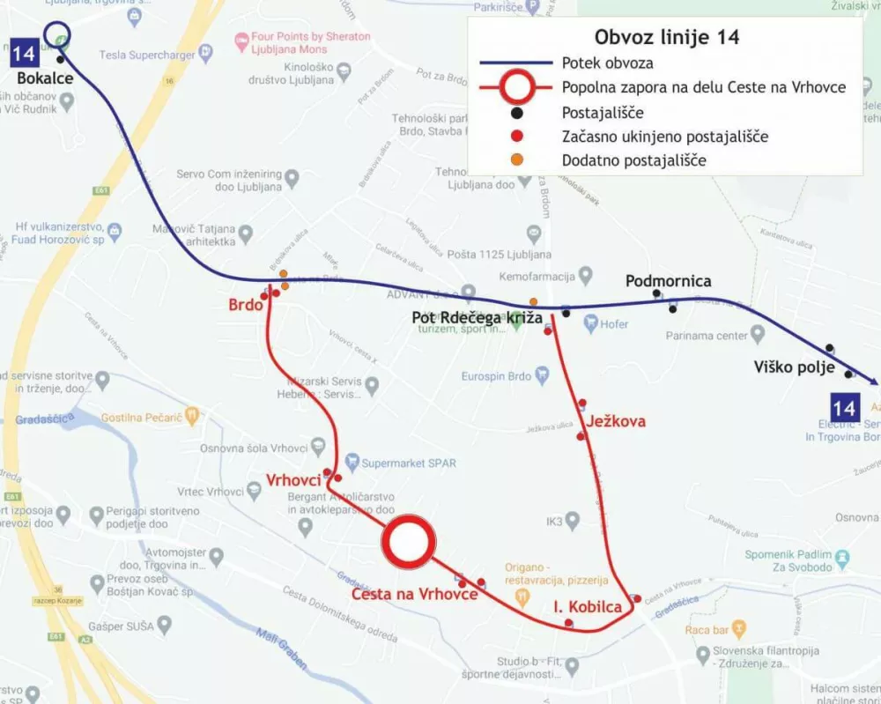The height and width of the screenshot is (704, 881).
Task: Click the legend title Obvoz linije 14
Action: point(666,37)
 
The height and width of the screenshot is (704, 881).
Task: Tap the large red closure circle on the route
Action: point(408,541)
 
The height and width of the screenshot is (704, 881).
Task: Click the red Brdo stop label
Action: point(246,305)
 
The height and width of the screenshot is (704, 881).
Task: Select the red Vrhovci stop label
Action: point(293,479)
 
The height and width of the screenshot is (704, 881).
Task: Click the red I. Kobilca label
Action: point(588,607)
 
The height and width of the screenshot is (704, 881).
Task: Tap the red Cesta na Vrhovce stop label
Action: point(414,595)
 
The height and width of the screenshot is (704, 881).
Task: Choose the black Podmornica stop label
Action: point(668,281)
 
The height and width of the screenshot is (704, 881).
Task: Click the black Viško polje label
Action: point(791,367)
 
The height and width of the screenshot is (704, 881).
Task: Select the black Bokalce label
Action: point(44,78)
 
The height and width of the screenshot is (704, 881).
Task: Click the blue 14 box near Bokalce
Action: point(25,53)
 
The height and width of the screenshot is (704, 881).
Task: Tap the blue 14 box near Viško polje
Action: point(844,407)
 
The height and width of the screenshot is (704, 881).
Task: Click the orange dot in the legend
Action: point(517,159)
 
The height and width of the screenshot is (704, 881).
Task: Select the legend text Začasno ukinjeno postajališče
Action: point(665,137)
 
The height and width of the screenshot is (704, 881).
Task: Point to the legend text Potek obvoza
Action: point(607,63)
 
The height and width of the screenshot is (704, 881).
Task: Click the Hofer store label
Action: point(614,324)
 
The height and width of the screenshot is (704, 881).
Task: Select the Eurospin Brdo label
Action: point(497,377)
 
